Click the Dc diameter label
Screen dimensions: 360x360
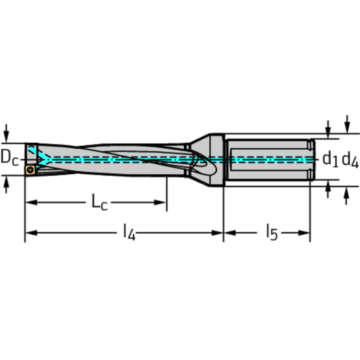pos(9,158)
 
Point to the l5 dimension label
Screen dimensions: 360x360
pos(271,232)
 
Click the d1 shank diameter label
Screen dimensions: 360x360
pos(330,160)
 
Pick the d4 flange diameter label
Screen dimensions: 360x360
pos(350,160)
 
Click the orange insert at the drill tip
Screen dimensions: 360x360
pos(31,170)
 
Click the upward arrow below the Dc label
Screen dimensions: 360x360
pos(6,185)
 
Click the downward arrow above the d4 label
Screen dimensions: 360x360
pos(347,124)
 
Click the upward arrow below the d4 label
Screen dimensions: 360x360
pos(347,195)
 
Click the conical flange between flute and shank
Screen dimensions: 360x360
pos(206,160)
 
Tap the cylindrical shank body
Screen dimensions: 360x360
pos(268,160)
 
